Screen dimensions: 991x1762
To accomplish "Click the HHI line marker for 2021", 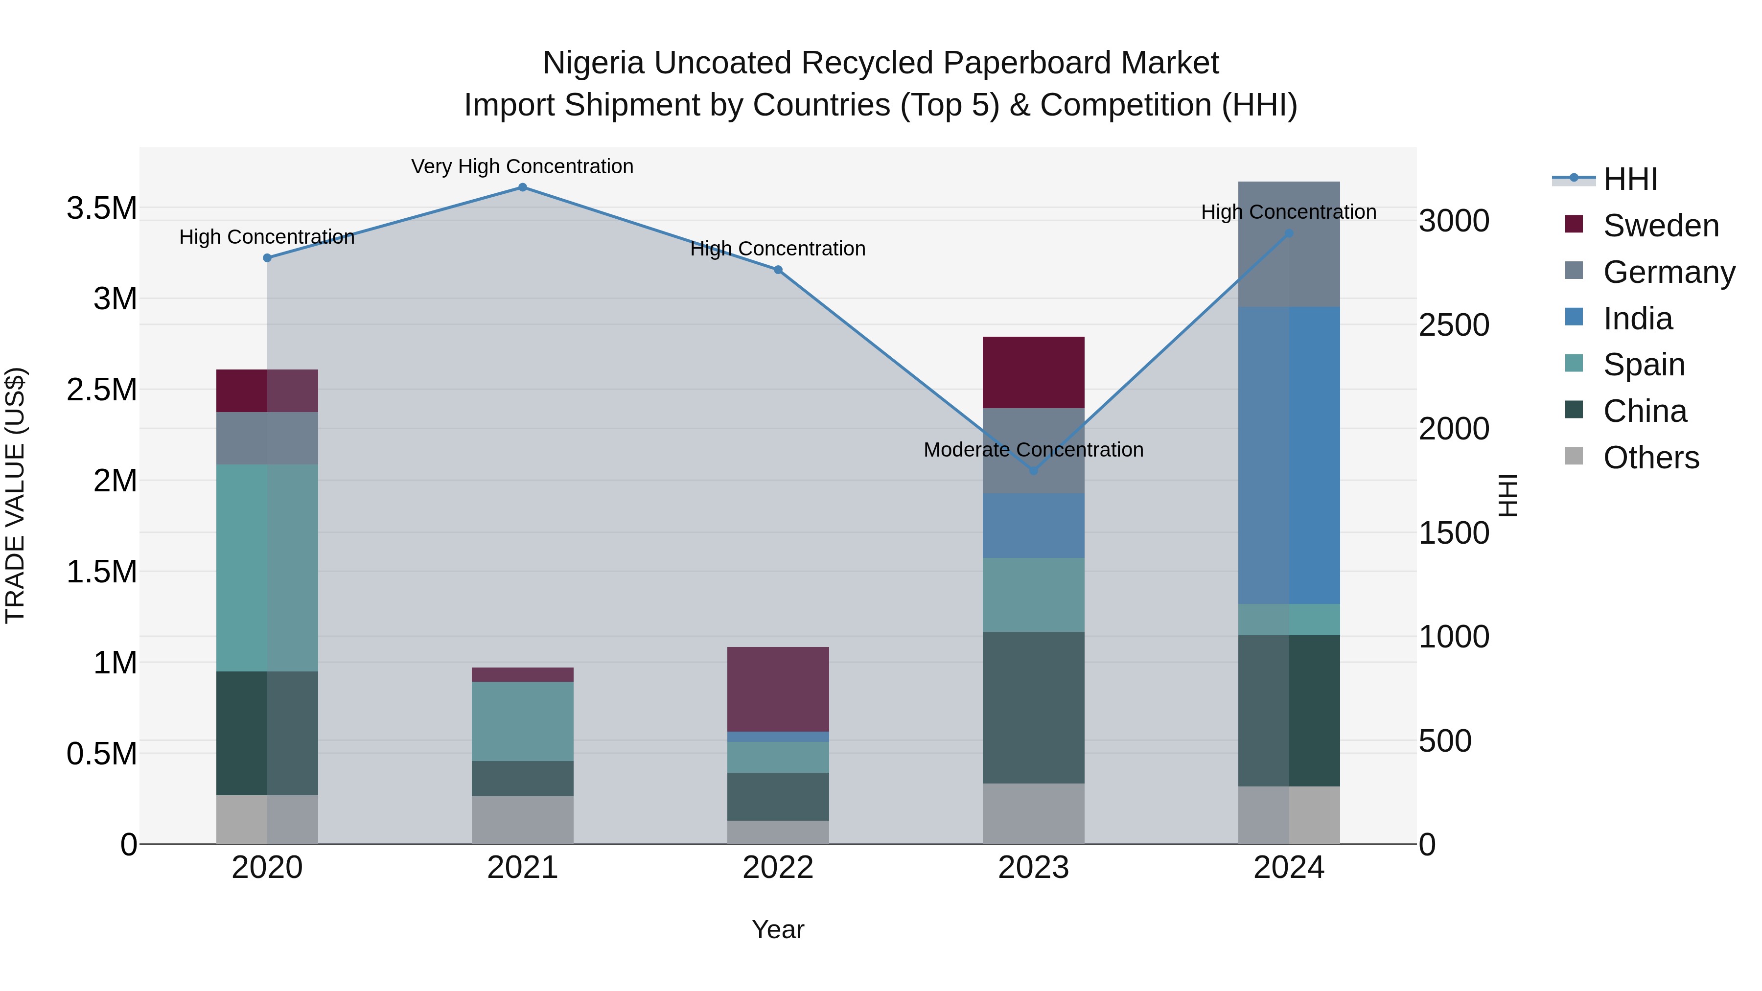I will [523, 187].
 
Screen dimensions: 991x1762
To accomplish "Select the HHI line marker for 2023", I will [1034, 470].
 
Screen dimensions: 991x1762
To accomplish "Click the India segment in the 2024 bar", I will [1289, 455].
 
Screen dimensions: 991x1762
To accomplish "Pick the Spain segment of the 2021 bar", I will [523, 721].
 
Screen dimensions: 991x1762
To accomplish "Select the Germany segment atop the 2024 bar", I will [1289, 244].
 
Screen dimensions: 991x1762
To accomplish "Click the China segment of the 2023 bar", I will [1034, 707].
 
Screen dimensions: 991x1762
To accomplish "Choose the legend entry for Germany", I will [1669, 272].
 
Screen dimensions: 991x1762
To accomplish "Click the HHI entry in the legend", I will [1630, 179].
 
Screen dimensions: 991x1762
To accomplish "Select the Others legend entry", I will [1650, 458].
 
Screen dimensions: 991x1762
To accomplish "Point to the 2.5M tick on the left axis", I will [102, 390].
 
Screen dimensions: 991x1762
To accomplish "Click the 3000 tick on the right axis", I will [1454, 221].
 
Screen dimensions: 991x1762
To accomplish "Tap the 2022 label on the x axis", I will [778, 868].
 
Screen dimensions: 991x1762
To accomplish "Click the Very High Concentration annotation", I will [523, 166].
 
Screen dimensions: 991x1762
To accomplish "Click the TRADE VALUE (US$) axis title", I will [15, 495].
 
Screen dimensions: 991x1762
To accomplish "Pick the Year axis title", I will [778, 929].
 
